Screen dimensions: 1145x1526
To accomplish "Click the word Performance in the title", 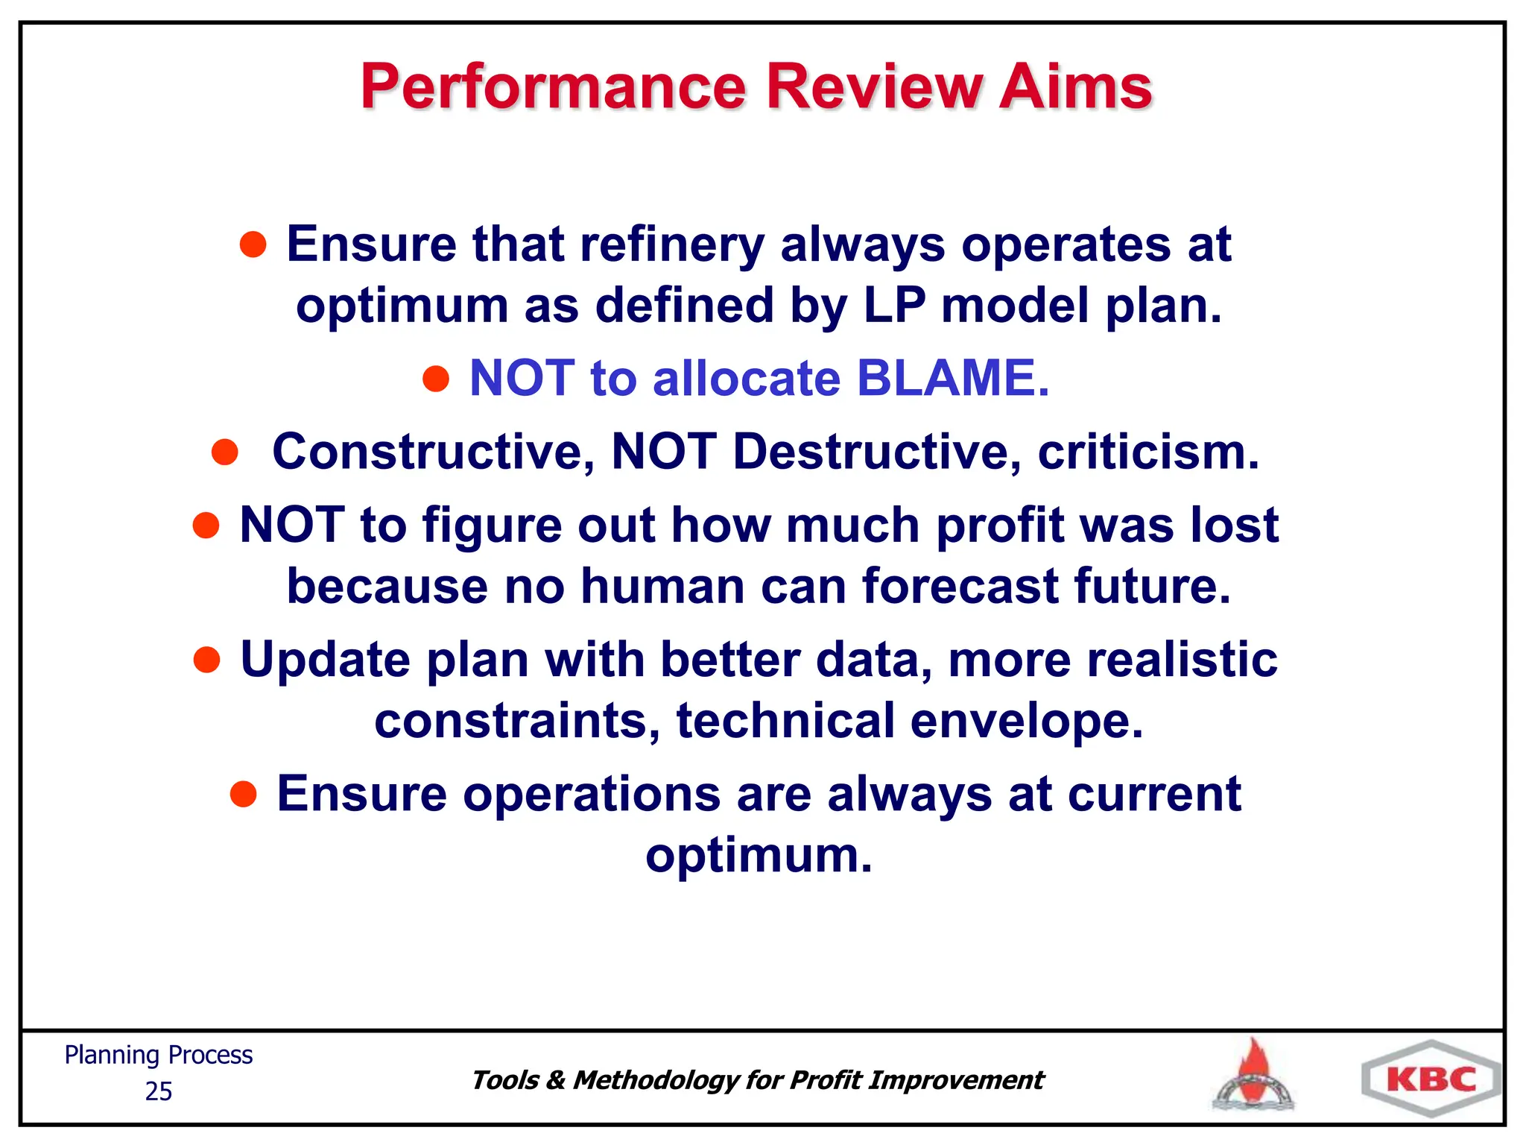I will (553, 87).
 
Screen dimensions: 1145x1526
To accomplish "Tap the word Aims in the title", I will (1075, 87).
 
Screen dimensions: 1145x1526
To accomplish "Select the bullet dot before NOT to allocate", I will (436, 379).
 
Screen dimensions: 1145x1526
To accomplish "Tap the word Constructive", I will (433, 452).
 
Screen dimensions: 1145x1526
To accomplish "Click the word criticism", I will (1148, 452).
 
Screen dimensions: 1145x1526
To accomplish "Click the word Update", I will (326, 661).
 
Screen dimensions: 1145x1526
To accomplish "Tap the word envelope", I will (1026, 722).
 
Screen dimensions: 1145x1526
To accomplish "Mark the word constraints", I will (516, 722).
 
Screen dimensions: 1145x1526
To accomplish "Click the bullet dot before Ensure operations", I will (244, 795).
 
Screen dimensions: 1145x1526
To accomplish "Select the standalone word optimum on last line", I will (758, 856).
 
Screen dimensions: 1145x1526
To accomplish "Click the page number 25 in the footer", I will (158, 1091).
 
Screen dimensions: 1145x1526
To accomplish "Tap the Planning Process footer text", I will (158, 1056).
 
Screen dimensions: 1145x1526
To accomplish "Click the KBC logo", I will (1431, 1079).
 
